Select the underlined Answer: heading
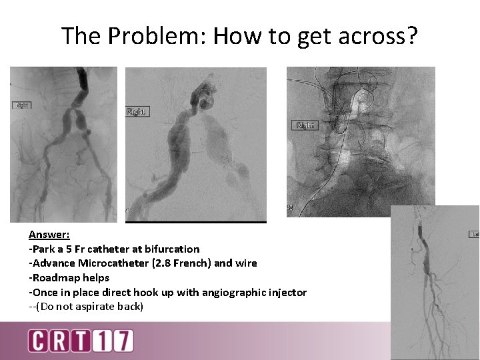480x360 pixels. pos(49,235)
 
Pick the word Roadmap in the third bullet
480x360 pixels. pos(55,277)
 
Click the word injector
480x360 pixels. pos(287,292)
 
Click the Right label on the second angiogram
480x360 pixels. pos(137,111)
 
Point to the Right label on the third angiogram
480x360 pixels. pos(305,125)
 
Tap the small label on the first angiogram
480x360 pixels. pos(21,105)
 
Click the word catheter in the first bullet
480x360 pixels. pos(111,249)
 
